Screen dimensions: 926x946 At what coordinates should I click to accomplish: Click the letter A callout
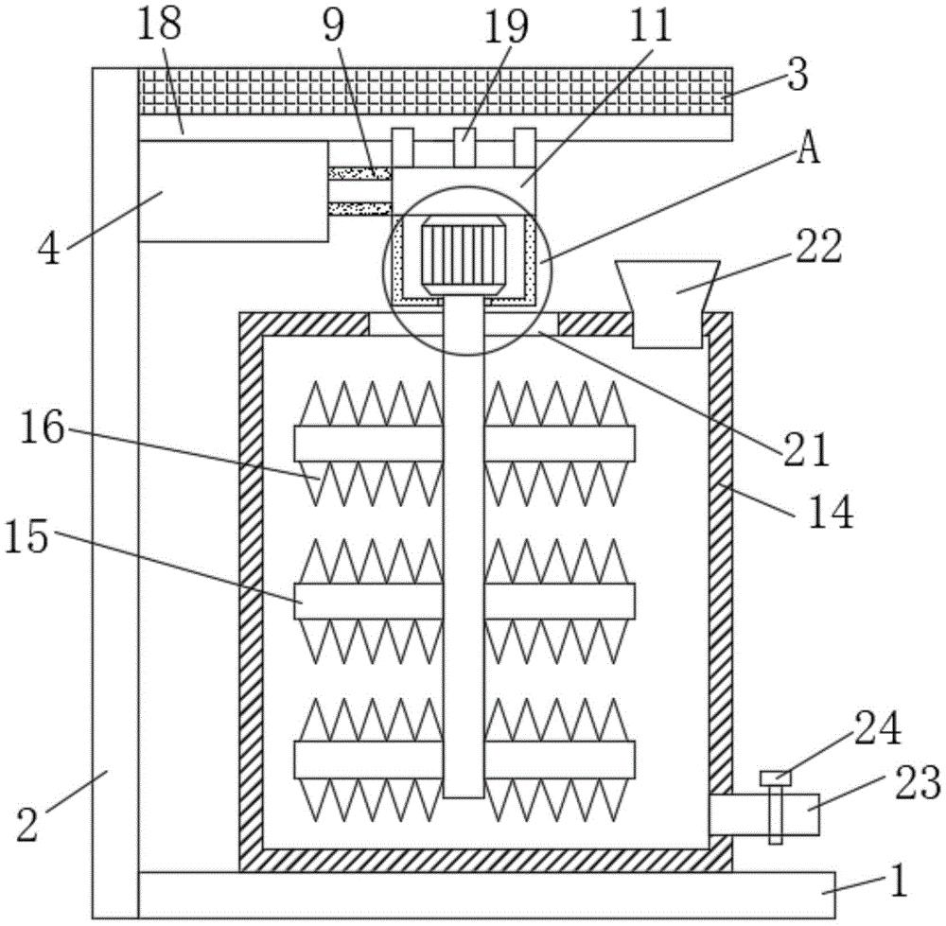click(806, 152)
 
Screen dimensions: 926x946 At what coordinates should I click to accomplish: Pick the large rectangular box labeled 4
click(233, 192)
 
